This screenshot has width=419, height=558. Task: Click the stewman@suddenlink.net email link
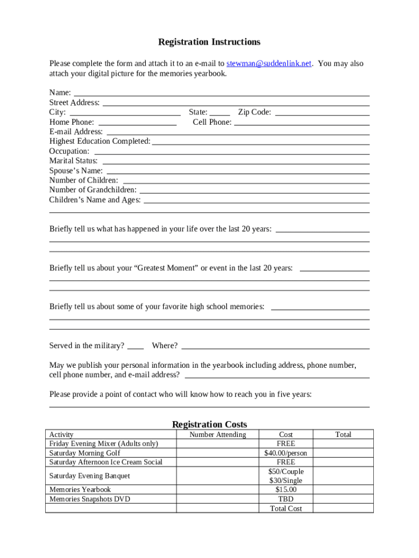pos(269,64)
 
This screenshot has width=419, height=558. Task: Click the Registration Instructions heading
pos(209,42)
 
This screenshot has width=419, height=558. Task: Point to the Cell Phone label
pos(212,122)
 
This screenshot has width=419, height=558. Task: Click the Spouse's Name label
pos(76,171)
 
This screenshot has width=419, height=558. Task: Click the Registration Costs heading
pos(209,424)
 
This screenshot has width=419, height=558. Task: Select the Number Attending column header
pos(218,435)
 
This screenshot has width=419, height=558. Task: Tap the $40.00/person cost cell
pos(286,453)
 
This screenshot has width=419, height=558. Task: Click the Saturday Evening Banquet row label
pos(90,476)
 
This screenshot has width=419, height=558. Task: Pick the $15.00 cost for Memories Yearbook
pos(286,490)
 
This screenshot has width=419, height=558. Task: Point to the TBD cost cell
pos(286,499)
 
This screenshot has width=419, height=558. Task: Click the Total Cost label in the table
pos(286,508)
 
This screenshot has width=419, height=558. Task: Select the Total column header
pos(343,435)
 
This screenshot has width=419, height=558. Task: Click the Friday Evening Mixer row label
pos(103,444)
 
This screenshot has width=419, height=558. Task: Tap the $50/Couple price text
pos(286,471)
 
